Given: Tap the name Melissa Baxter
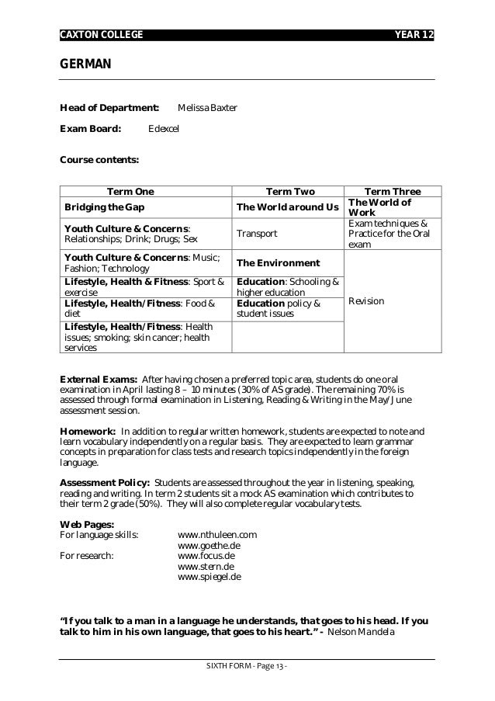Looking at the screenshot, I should coord(207,107).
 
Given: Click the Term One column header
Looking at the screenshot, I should coord(130,191).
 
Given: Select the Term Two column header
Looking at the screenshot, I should coord(289,191).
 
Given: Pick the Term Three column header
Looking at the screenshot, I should coord(392,191).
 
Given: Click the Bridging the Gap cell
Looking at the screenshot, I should coord(104,207).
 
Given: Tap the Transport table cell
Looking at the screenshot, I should coord(256,234).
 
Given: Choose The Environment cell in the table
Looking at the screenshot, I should coord(278,263).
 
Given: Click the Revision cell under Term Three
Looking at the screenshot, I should coord(366,301).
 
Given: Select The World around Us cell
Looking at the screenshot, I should coord(288,207).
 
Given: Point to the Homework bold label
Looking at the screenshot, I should coord(88,431).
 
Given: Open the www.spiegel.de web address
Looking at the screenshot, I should coord(209,577).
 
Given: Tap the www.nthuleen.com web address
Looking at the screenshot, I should coord(217,535).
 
